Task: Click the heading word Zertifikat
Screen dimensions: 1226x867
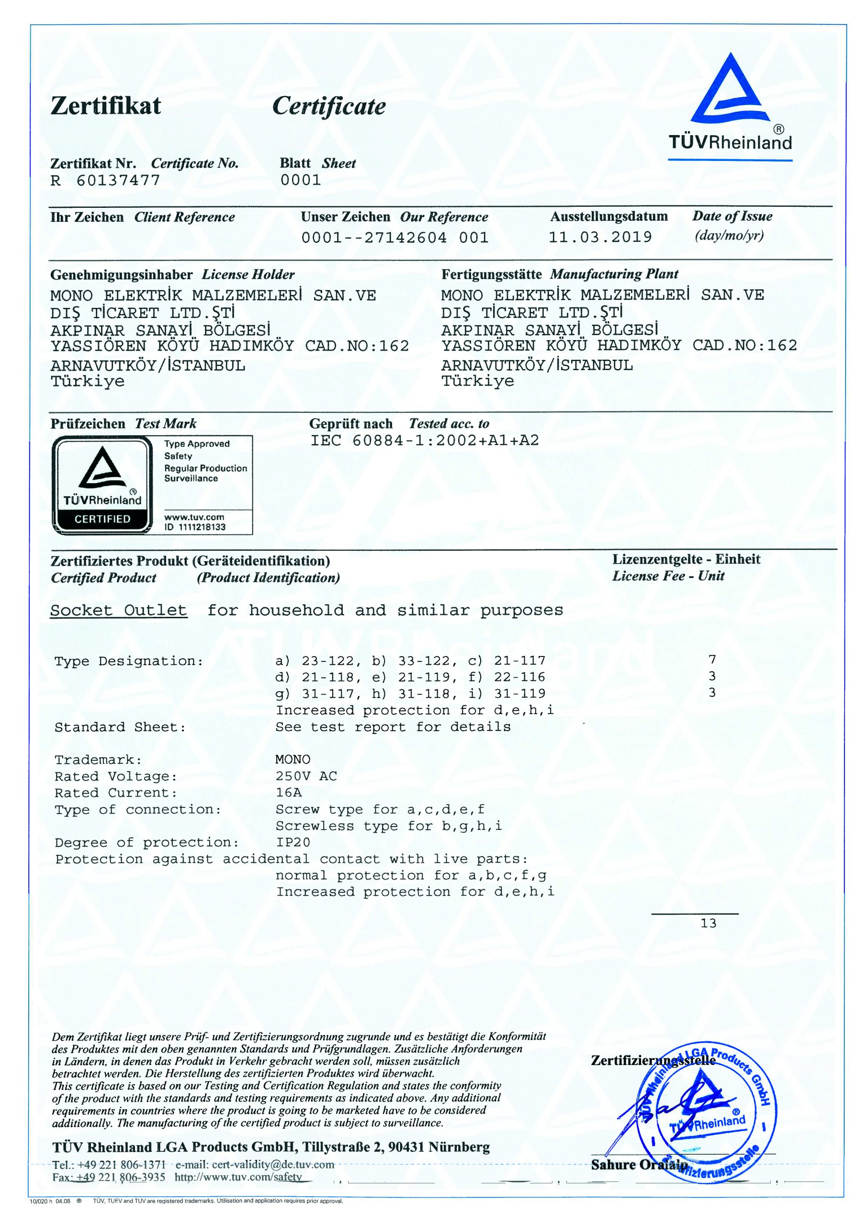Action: point(106,106)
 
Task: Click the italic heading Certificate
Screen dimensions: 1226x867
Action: point(329,106)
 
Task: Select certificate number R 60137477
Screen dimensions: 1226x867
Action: point(105,181)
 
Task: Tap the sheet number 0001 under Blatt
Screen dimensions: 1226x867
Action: point(301,180)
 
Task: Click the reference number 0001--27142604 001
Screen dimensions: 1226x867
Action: point(394,238)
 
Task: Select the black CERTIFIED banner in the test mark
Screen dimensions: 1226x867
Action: point(102,519)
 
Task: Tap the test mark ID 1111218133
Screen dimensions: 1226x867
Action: point(195,527)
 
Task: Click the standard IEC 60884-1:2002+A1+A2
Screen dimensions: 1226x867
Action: point(425,441)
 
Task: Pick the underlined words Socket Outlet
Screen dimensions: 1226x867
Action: point(119,610)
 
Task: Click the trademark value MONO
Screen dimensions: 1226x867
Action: point(293,760)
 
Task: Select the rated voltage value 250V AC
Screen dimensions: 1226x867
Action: point(306,776)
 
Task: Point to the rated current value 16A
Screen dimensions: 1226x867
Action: point(288,793)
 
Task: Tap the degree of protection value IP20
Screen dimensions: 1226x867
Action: point(293,842)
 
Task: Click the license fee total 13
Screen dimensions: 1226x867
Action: point(708,923)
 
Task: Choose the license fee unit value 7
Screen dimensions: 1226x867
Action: point(712,659)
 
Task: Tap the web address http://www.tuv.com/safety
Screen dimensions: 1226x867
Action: point(238,1177)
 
